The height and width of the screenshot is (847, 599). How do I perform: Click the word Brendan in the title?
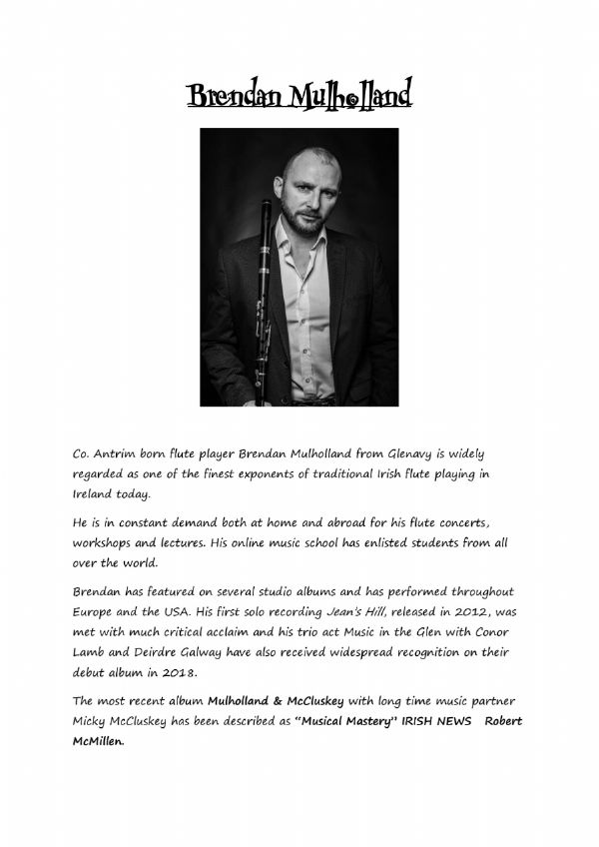236,98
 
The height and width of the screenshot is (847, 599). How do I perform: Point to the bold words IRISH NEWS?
441,721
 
